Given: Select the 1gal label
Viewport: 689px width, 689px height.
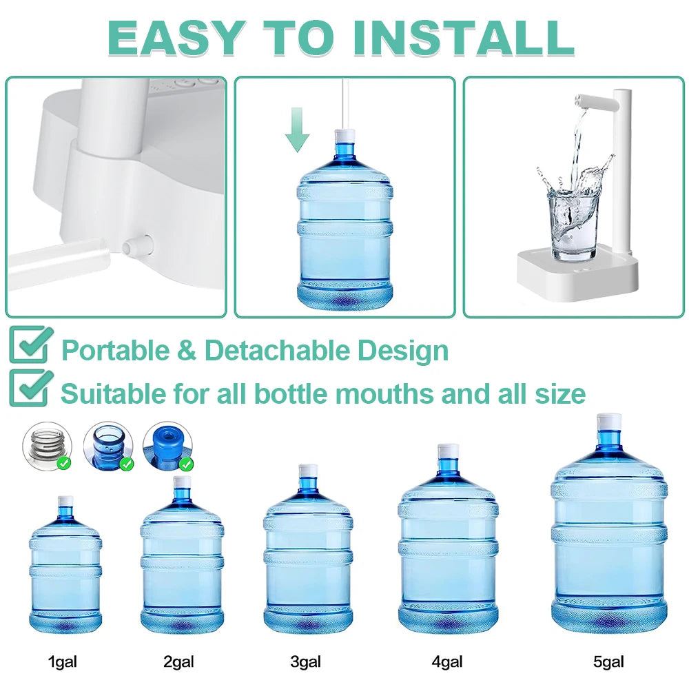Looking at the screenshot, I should point(62,663).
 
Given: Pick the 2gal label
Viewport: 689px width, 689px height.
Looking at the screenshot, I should point(178,663).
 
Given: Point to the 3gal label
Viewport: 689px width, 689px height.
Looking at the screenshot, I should point(305,663).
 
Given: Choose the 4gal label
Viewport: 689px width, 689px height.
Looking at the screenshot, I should point(446,663).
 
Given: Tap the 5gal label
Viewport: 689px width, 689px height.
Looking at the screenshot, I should point(608,663).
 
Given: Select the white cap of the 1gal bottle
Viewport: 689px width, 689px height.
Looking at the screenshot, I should point(65,501).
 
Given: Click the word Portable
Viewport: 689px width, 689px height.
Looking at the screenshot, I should point(114,351).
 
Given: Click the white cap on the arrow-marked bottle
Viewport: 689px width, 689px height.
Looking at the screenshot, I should point(344,136).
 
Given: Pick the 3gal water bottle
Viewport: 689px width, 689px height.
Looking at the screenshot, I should point(307,551).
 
